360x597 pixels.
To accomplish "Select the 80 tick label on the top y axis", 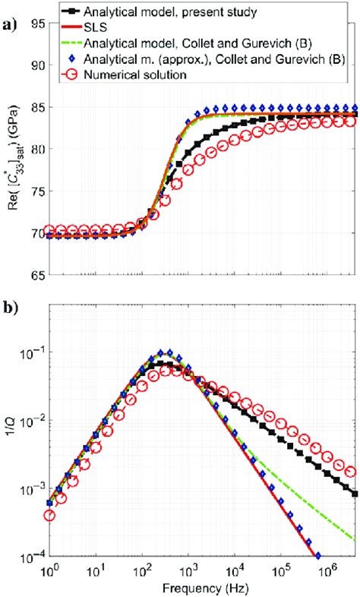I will coord(35,149).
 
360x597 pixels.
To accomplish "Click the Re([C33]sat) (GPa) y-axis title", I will coord(11,149).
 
